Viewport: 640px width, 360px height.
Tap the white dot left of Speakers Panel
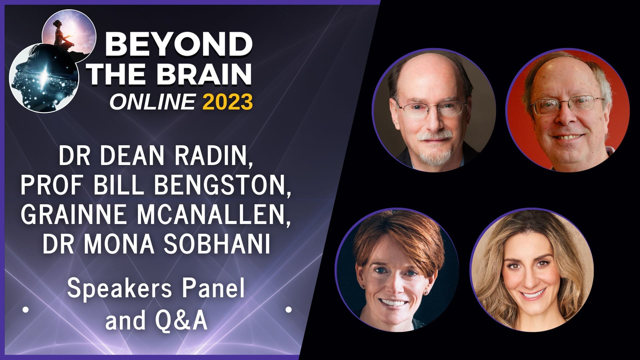tap(25, 310)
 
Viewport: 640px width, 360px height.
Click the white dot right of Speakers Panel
tap(289, 310)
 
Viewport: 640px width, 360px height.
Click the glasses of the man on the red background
tap(567, 105)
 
